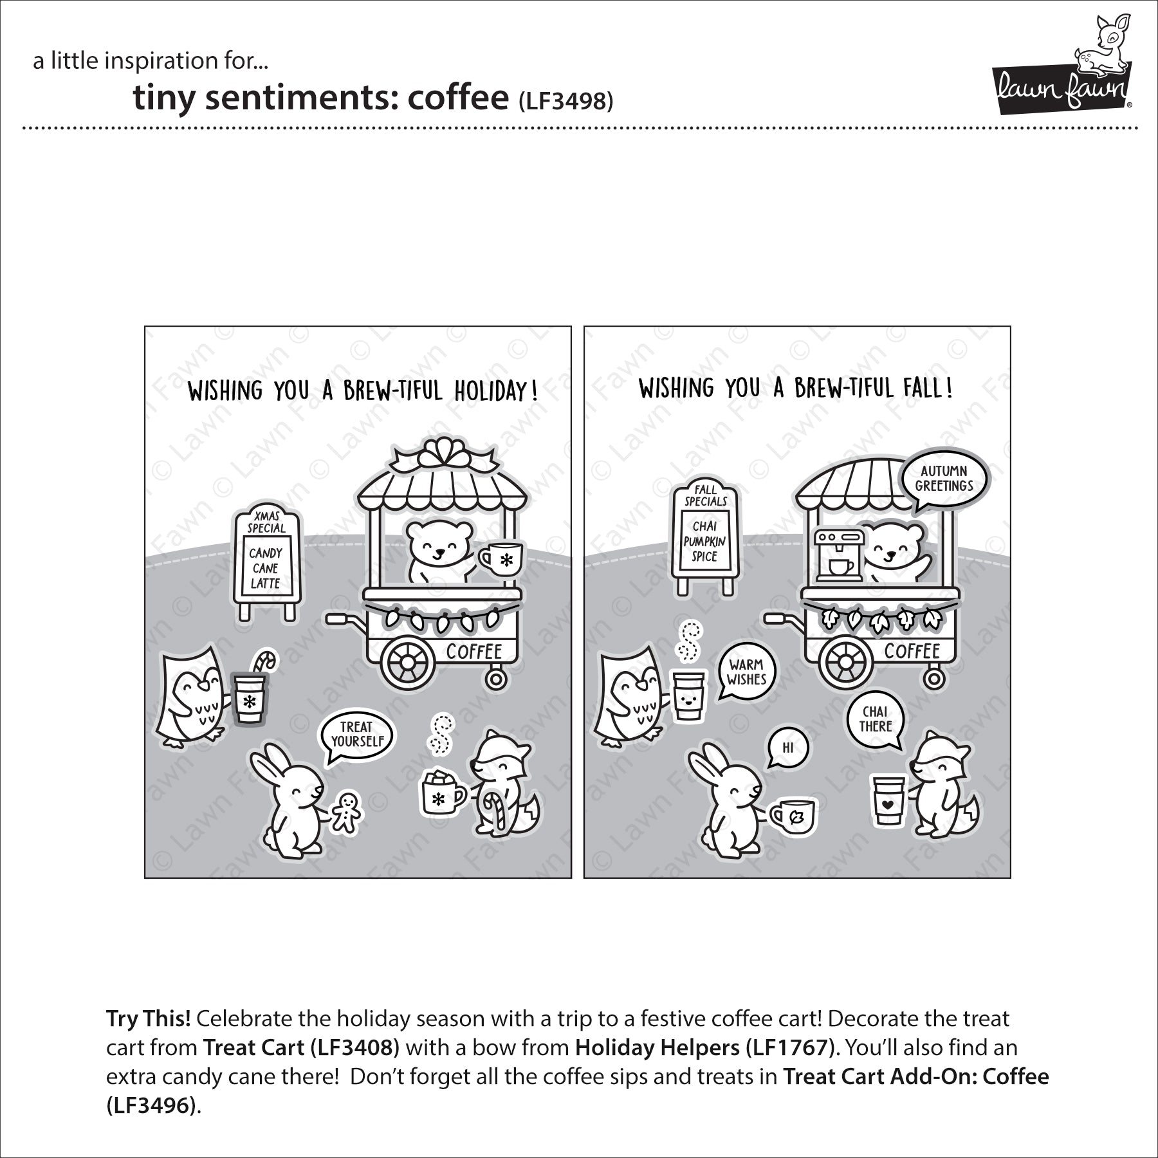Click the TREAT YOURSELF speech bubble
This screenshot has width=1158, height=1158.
(x=357, y=735)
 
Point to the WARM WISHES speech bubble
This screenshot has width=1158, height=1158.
(x=746, y=672)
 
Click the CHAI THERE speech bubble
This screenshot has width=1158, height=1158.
(x=876, y=719)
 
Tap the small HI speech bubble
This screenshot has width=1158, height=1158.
(x=787, y=748)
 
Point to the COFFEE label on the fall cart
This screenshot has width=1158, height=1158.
(x=912, y=651)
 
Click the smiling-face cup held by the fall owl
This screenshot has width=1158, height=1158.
(x=689, y=695)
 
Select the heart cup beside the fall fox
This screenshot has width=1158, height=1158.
(x=888, y=801)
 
